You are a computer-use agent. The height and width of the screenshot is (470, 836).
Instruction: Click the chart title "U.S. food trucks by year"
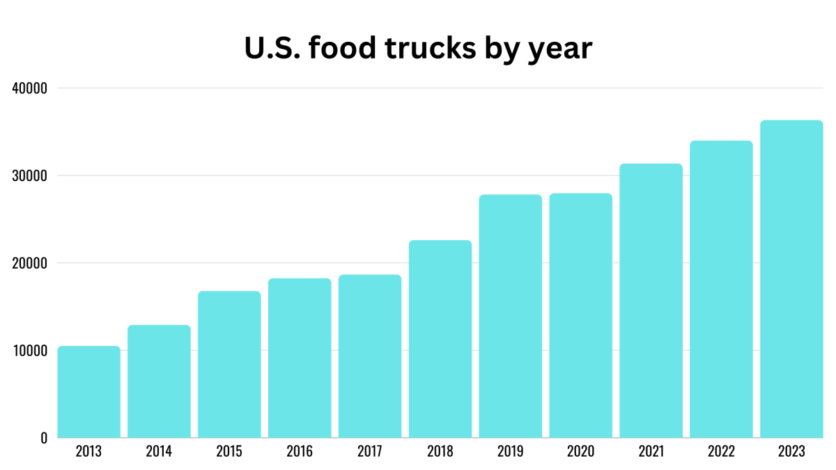[x=418, y=48]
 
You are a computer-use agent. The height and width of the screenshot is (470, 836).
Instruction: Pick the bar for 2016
[x=300, y=358]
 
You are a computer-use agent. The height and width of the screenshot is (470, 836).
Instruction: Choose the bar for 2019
[x=511, y=316]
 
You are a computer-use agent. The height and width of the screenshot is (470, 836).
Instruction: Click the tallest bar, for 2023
[x=791, y=279]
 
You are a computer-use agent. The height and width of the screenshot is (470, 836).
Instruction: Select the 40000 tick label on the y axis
[x=29, y=88]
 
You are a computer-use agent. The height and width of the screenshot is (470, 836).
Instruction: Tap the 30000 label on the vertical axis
[x=29, y=176]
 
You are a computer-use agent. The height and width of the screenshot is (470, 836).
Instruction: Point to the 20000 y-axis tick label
[x=29, y=263]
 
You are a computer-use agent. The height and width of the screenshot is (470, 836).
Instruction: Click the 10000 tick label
[x=29, y=351]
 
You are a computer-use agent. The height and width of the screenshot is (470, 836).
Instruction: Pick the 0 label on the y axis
[x=44, y=438]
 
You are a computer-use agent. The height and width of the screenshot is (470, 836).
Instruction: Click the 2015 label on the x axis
[x=229, y=451]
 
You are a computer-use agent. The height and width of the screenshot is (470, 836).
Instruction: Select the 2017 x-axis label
[x=370, y=451]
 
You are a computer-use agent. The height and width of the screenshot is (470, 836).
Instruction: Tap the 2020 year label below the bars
[x=580, y=451]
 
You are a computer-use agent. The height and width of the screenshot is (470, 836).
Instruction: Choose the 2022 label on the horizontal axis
[x=721, y=451]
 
